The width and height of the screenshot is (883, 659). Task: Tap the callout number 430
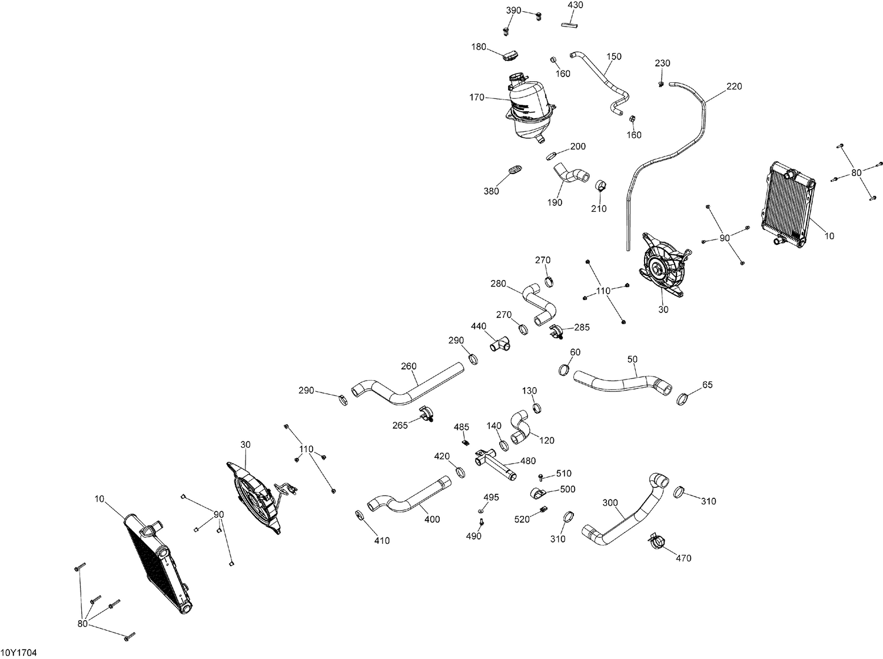click(x=575, y=5)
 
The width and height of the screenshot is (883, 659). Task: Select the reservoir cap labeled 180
click(x=510, y=55)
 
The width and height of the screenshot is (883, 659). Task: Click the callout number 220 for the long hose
click(x=734, y=86)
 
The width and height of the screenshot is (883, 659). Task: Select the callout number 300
click(x=610, y=502)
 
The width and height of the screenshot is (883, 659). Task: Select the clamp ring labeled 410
click(x=360, y=516)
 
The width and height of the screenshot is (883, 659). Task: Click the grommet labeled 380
click(x=514, y=170)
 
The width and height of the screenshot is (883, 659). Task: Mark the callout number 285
click(x=582, y=327)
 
